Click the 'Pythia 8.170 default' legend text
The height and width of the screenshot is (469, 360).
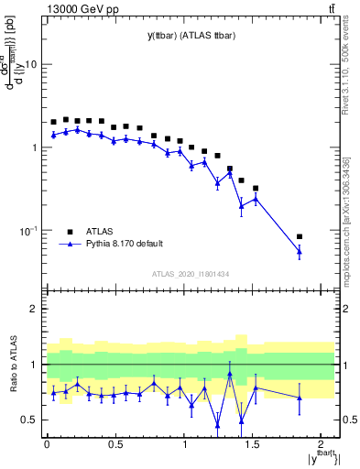click(x=125, y=244)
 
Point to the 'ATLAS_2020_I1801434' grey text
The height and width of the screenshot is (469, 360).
click(x=191, y=274)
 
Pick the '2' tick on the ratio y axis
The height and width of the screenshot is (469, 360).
click(x=33, y=309)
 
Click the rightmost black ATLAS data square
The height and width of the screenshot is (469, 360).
click(x=300, y=236)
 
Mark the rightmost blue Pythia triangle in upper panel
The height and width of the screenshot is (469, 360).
click(x=300, y=252)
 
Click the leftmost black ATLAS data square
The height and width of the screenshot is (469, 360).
click(x=53, y=122)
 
